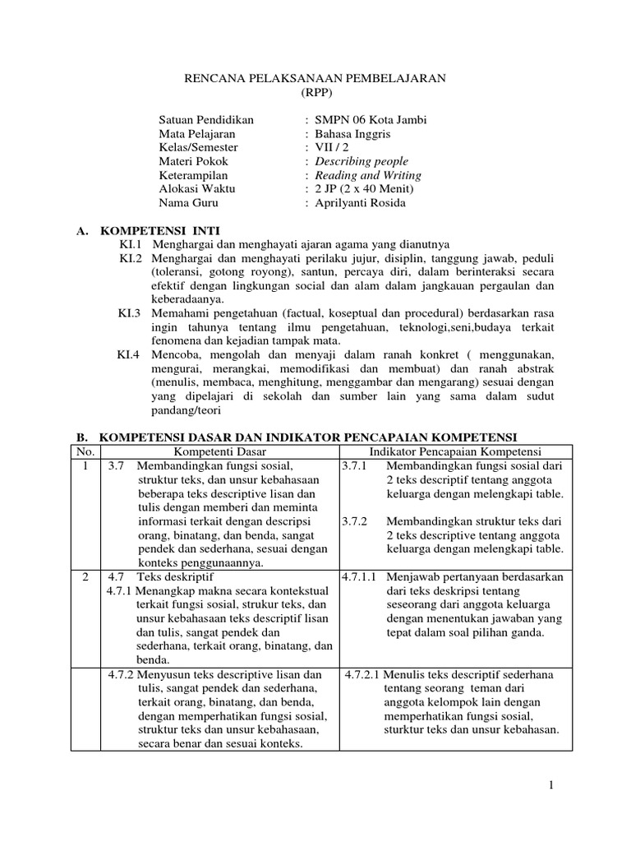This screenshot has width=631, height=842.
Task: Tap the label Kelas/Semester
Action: tap(198, 147)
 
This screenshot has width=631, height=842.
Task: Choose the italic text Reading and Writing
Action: tap(369, 175)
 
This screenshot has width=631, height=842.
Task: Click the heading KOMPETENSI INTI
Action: tap(159, 230)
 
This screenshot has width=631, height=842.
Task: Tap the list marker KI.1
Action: tap(131, 245)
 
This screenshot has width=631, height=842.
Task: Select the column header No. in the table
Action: tap(86, 451)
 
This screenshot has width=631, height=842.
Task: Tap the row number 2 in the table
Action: tap(86, 577)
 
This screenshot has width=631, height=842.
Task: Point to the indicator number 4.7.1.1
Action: tap(358, 577)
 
